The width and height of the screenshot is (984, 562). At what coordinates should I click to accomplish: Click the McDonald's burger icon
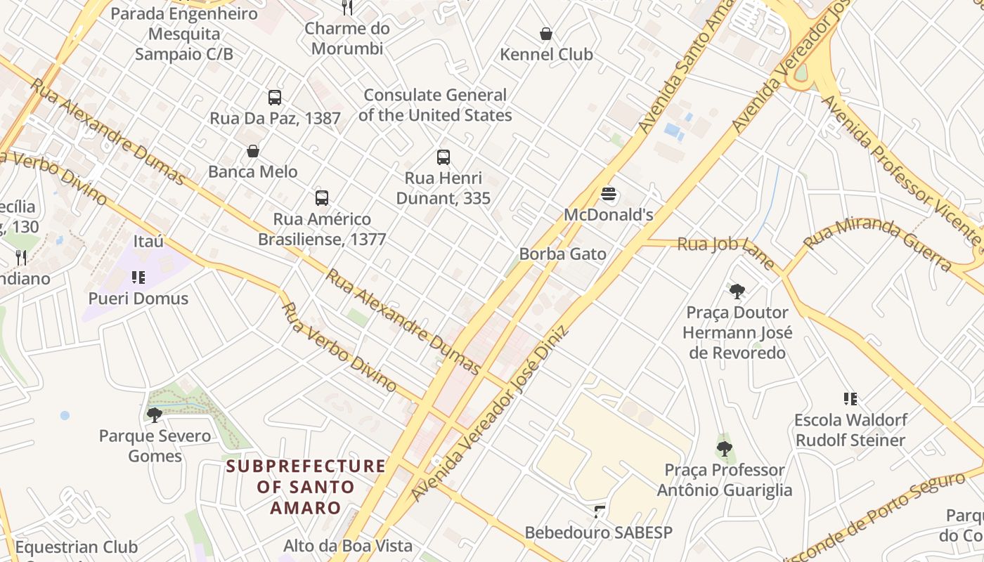coord(609,194)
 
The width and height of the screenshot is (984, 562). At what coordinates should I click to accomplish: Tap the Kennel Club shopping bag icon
coord(545,34)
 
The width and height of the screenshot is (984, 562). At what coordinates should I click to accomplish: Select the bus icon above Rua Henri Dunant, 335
coord(443,157)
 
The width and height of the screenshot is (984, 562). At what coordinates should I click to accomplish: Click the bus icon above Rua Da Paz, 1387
coord(275,98)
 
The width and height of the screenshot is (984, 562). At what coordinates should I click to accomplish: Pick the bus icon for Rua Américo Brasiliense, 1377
coord(322,198)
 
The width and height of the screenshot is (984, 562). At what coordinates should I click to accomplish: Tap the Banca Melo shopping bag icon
coord(252,151)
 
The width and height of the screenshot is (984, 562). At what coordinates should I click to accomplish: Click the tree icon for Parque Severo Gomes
coord(155,415)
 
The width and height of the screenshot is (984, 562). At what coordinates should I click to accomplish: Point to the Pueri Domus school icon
coord(138,277)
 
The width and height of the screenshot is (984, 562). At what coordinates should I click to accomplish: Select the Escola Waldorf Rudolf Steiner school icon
coord(850,399)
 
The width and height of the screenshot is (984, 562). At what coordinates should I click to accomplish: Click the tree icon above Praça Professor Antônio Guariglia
coord(724,448)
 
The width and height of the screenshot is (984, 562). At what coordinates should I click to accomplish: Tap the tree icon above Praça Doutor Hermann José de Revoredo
coord(737,291)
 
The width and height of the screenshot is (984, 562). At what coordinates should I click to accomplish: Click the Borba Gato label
coord(562,254)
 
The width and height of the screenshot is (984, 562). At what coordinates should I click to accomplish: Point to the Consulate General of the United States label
coord(435,105)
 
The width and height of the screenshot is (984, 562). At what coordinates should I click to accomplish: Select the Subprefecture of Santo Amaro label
coord(306,487)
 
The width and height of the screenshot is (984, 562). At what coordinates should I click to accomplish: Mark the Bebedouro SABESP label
coord(598,532)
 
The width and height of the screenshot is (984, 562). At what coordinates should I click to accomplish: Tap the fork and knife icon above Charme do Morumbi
coord(347,8)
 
